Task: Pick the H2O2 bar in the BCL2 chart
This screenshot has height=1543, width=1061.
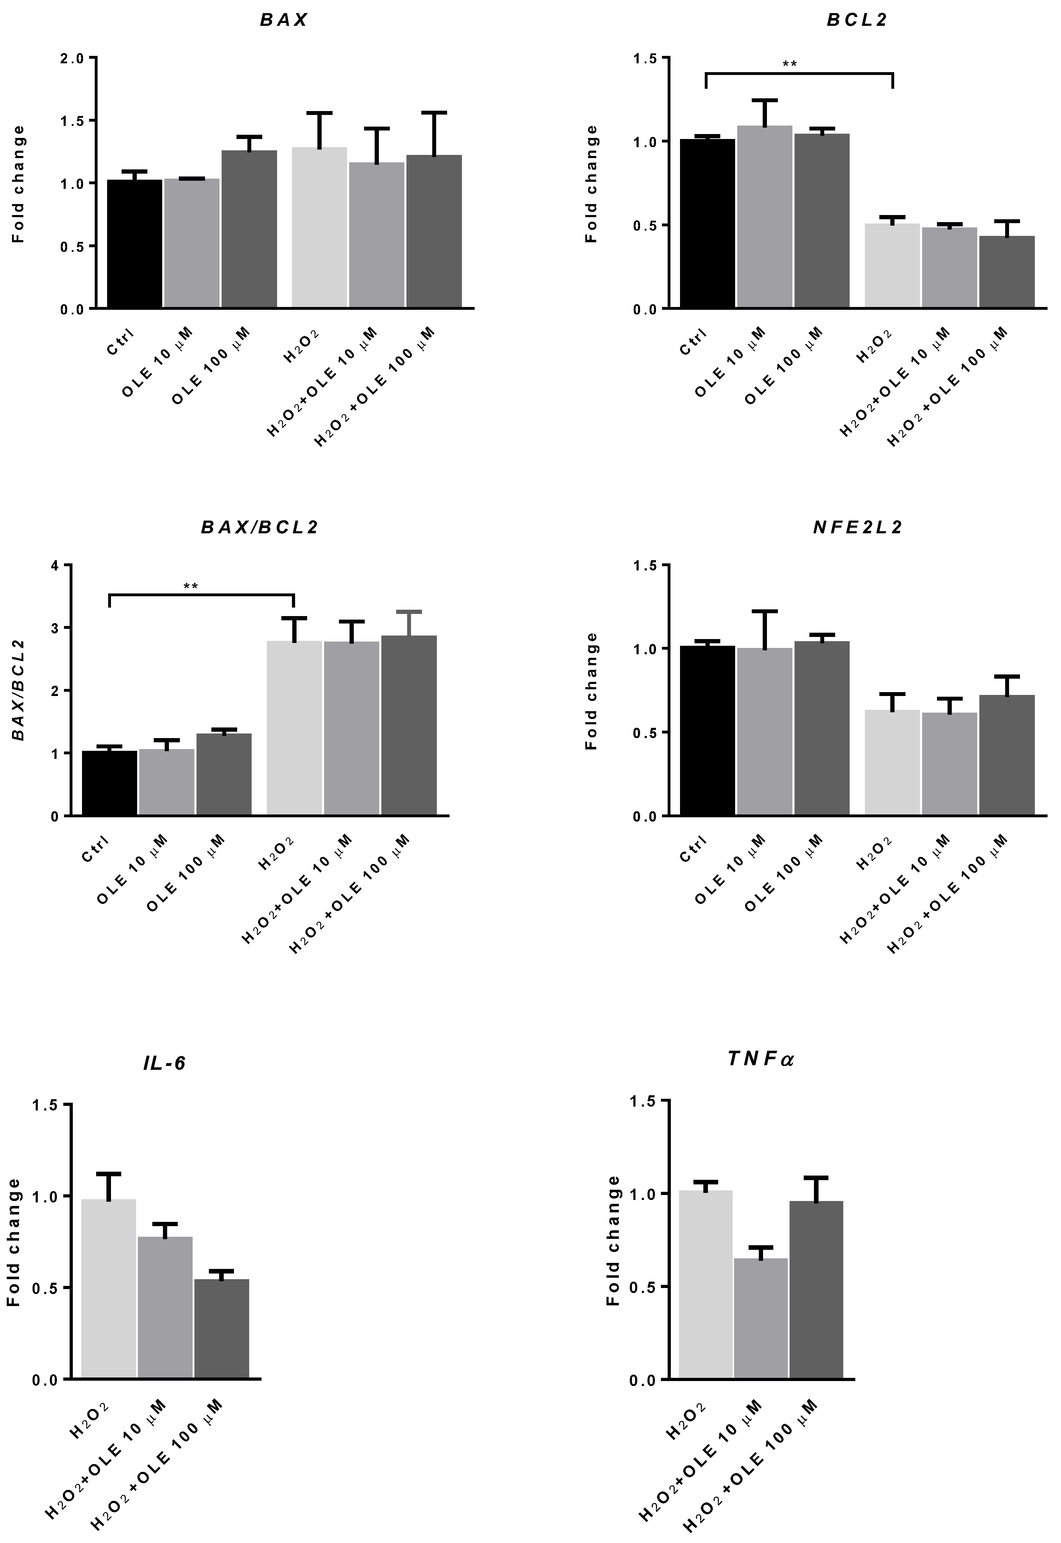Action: point(892,266)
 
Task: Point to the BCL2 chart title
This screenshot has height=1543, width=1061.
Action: point(857,20)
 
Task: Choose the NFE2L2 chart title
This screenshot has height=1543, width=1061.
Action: point(857,527)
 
